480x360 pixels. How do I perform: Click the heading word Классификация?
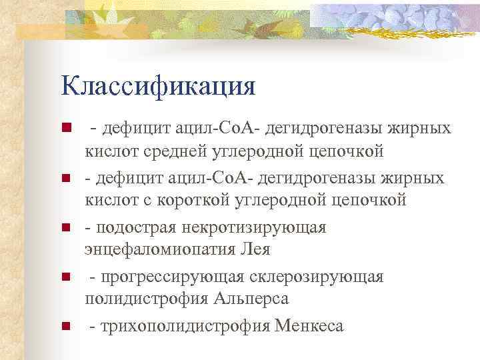158,87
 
